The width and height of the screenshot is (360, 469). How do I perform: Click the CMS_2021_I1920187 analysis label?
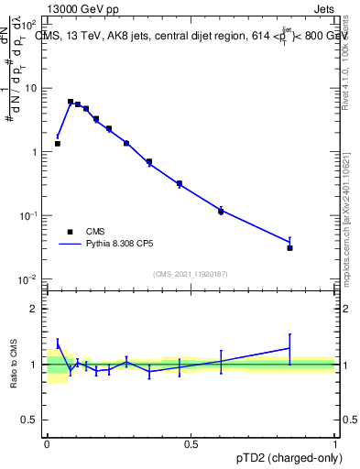[191, 273]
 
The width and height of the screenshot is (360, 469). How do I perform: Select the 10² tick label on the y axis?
[30, 25]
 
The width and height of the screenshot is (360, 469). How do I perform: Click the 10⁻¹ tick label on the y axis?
[30, 215]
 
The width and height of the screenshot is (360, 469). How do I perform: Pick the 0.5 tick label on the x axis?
[191, 444]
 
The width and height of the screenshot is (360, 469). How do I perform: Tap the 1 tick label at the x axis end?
[334, 444]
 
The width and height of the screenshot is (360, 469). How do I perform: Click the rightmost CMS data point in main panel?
[289, 247]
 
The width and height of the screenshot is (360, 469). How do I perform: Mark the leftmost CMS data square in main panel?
[58, 144]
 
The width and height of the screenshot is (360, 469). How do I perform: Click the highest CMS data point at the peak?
[71, 102]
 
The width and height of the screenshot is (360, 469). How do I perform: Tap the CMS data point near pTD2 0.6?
[221, 211]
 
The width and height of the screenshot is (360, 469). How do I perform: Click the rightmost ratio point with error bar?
[289, 348]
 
